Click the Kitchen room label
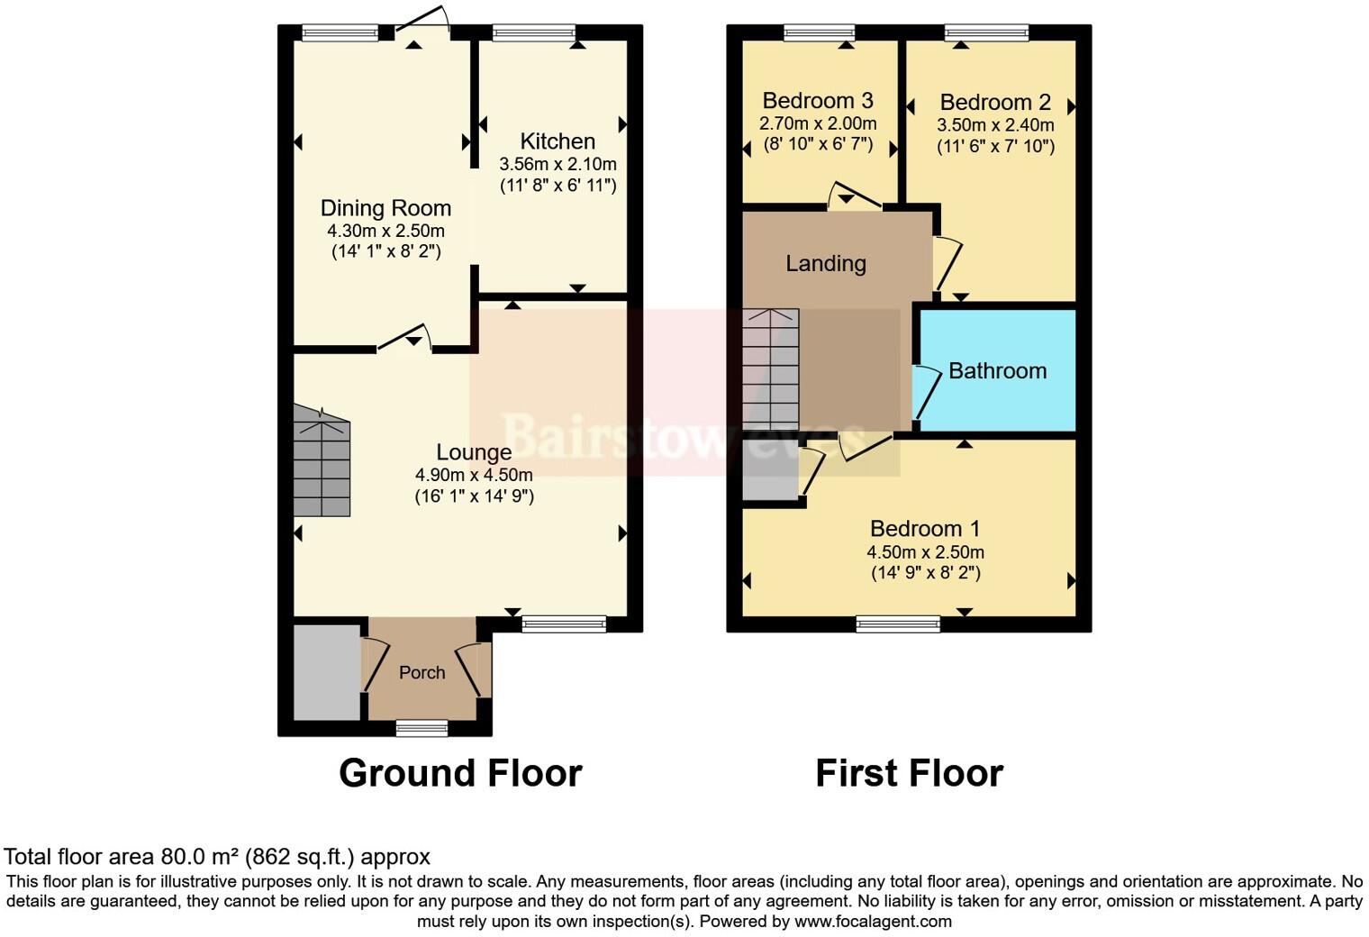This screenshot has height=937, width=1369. [558, 141]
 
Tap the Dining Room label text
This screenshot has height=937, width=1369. [385, 208]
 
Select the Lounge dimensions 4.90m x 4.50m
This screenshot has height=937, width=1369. [474, 475]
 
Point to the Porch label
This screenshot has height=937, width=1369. [422, 673]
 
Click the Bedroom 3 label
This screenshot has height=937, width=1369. [818, 101]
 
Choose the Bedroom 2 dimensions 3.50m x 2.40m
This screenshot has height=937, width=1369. [995, 125]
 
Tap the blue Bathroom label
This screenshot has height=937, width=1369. [997, 371]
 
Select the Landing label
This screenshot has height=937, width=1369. [825, 264]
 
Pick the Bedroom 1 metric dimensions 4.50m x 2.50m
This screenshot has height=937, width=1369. [925, 552]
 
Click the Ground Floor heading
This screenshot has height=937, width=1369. [460, 773]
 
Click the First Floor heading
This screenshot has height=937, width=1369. [909, 773]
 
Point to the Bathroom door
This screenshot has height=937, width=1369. [924, 391]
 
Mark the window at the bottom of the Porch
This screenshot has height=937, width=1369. [422, 727]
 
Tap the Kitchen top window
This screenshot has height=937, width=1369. [533, 34]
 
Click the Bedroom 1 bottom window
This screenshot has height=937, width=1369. [898, 623]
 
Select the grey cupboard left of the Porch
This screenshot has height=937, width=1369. [327, 672]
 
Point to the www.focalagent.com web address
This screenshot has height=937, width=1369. [873, 922]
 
